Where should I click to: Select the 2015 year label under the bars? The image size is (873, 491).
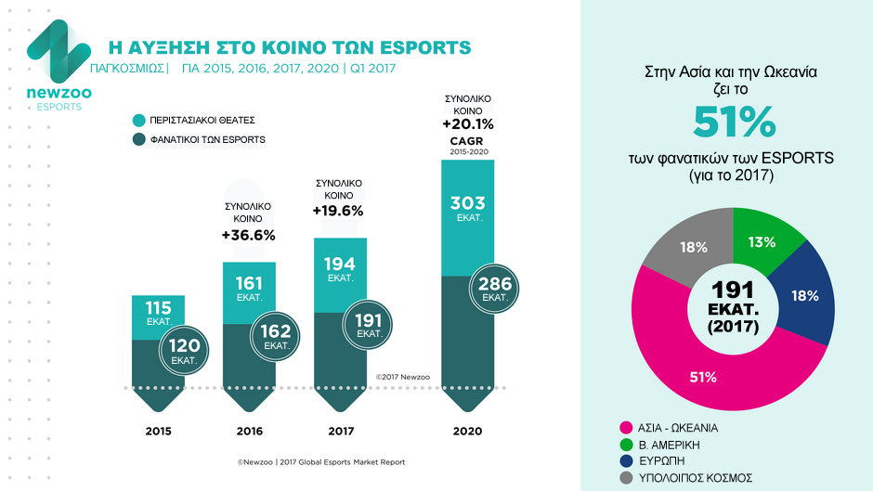pyautogui.click(x=159, y=431)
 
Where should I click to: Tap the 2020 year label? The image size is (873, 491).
pyautogui.click(x=467, y=431)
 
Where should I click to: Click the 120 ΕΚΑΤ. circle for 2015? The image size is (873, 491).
pyautogui.click(x=184, y=351)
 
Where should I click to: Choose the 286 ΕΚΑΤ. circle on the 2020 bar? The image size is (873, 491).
pyautogui.click(x=494, y=290)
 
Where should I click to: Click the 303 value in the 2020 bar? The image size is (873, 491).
pyautogui.click(x=467, y=203)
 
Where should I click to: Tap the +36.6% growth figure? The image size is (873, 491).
pyautogui.click(x=248, y=235)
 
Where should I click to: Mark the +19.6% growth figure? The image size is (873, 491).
pyautogui.click(x=338, y=211)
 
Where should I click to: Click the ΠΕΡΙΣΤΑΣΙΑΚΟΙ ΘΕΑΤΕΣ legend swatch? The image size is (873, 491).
pyautogui.click(x=139, y=120)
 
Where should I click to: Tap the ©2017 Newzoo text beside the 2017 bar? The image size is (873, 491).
pyautogui.click(x=403, y=377)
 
